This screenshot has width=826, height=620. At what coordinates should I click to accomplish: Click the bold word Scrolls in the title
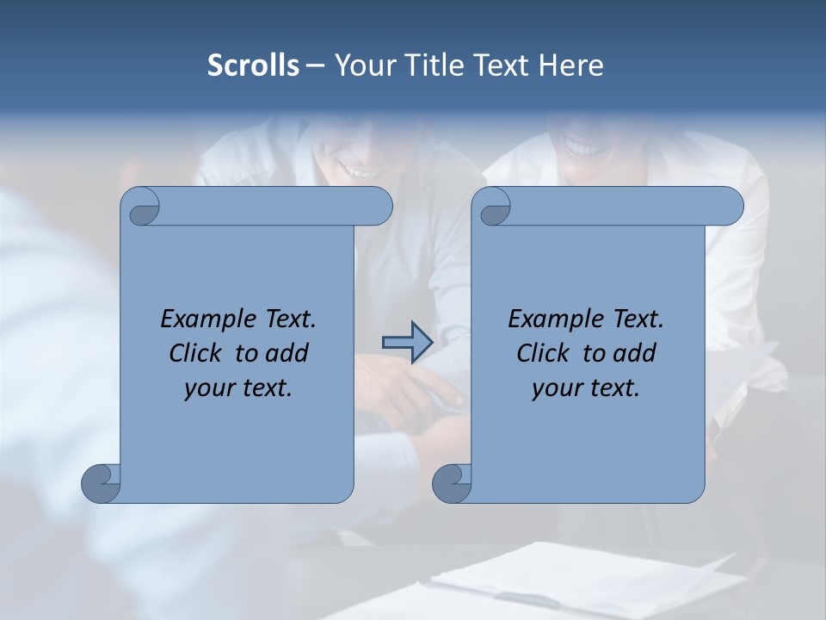253,65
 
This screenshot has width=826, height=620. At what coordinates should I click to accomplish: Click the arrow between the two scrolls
407,343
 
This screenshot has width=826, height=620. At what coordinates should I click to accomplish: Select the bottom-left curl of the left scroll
102,482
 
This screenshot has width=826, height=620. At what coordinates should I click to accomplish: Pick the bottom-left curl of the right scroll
452,482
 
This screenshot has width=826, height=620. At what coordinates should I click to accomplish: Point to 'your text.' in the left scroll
237,388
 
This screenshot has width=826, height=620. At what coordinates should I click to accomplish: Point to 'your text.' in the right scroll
585,388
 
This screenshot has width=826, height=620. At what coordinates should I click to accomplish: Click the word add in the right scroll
632,353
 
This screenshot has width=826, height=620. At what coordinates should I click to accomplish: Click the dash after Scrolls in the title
315,65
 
